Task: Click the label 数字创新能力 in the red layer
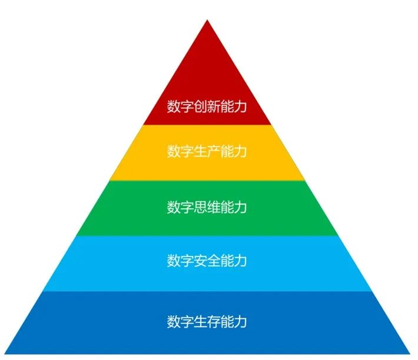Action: point(207,106)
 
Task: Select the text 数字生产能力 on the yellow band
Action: point(207,151)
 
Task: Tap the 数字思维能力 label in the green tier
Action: point(207,207)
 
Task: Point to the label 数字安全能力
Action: point(207,261)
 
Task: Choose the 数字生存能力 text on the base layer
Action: point(207,321)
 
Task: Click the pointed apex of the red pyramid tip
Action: point(207,19)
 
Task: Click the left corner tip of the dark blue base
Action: point(5,354)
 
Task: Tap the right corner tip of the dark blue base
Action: point(410,354)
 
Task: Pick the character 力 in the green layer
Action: point(240,207)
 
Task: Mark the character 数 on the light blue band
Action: point(174,261)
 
